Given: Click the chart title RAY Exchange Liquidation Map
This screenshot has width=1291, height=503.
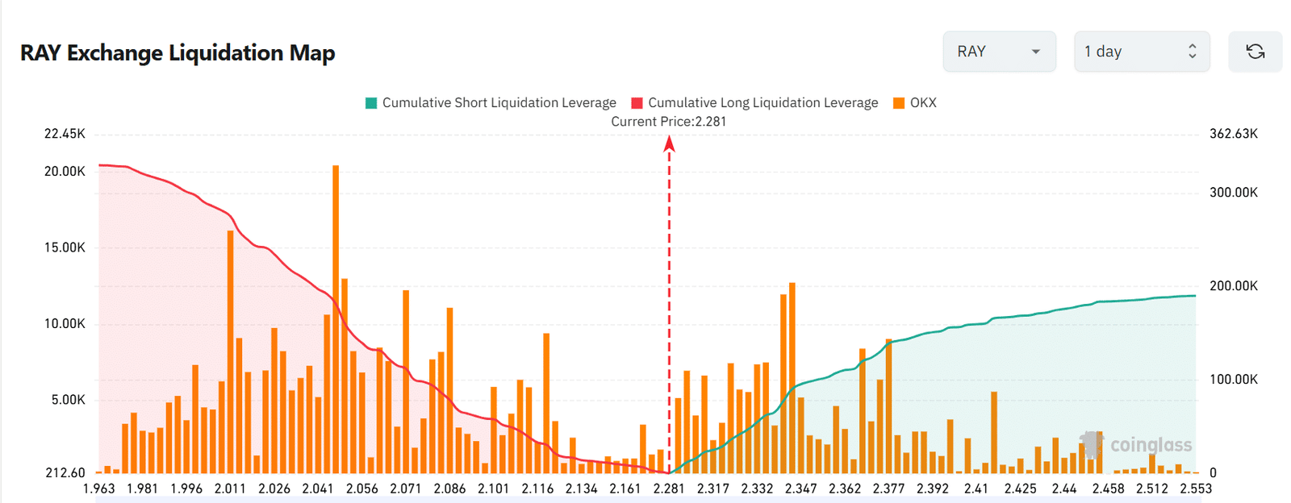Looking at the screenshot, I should pos(178,53).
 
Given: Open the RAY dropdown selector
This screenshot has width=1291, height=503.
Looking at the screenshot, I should pos(999,52).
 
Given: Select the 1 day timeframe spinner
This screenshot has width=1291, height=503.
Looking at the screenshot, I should pos(1141,52).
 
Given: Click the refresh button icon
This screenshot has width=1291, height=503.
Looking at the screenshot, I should pos(1255,52).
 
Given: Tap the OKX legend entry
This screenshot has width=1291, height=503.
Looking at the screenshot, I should pos(915,102).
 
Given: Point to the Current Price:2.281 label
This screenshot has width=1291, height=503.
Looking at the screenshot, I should pos(668,122).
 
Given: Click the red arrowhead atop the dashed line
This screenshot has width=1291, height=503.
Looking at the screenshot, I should pos(669,144).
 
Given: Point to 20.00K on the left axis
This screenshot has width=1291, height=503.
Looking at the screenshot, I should pos(65,172).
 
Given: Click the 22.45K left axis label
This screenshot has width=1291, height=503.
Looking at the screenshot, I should pos(65,134).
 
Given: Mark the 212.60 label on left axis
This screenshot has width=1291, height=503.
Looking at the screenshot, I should pos(65,473).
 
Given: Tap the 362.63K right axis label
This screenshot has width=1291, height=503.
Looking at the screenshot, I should pos(1233,134).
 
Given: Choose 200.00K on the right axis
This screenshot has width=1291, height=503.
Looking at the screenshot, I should pos(1233,286).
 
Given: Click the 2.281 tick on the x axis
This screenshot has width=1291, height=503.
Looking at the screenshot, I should pos(669,488).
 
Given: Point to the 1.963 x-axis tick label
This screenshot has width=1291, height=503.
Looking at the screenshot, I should pos(99,488).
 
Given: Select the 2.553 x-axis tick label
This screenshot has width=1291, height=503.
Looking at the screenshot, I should pos(1196,488).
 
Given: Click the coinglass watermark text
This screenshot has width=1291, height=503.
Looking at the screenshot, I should pos(1151,445).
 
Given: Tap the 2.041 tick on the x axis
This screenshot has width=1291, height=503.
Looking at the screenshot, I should pos(318,488).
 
